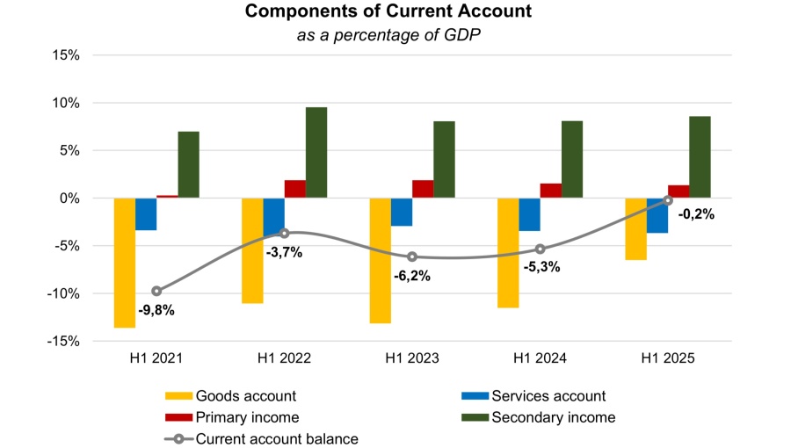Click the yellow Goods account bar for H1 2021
[x=125, y=263]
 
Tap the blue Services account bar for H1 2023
[x=402, y=212]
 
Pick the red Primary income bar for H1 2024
[x=551, y=191]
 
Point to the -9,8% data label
[x=156, y=309]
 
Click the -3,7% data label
[x=283, y=252]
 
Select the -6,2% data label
[x=411, y=276]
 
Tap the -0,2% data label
[x=696, y=213]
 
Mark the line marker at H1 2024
[x=541, y=249]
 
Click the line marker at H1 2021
[x=156, y=291]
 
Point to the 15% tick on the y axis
[x=66, y=55]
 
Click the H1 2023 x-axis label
[x=412, y=358]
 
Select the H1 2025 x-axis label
[x=668, y=358]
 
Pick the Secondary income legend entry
[x=553, y=417]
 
